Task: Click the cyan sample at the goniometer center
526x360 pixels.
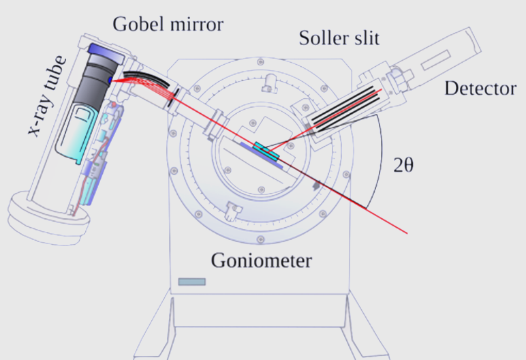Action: pos(266,151)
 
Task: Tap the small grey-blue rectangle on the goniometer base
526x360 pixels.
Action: pos(191,281)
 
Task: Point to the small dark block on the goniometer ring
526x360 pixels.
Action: pos(316,184)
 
